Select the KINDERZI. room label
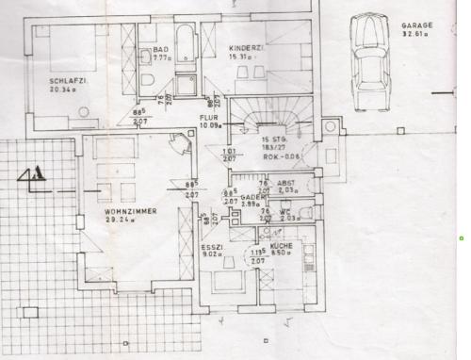245,48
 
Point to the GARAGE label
415,25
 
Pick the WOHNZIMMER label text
131,212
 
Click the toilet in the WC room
312,211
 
